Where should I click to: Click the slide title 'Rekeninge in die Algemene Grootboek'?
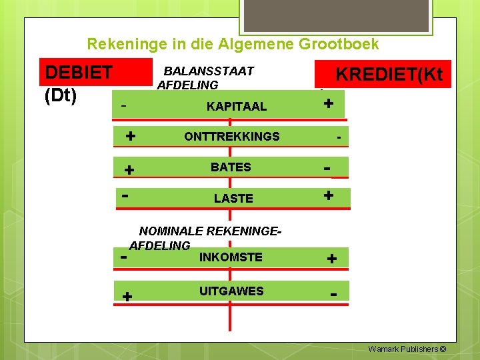(233, 45)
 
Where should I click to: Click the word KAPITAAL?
(236, 107)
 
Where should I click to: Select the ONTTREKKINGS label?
(231, 137)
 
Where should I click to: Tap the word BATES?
(231, 167)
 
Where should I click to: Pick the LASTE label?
(233, 199)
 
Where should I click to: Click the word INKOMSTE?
(231, 257)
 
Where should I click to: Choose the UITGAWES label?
(231, 291)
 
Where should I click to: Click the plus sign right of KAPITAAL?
(328, 104)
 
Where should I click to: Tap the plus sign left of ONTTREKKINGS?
(131, 136)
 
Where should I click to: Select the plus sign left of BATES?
(130, 171)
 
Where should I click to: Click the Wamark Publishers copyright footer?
(407, 349)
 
